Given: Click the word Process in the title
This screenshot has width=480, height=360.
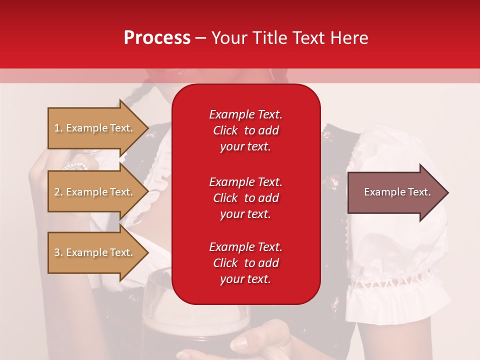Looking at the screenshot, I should pyautogui.click(x=157, y=38).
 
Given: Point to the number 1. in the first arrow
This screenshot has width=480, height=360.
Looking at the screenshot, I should pyautogui.click(x=58, y=128).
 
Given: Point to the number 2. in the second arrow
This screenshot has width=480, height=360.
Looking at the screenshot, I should pyautogui.click(x=58, y=192).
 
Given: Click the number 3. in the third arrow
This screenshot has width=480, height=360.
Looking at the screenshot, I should pyautogui.click(x=58, y=252).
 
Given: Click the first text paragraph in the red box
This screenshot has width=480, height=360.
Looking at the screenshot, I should pyautogui.click(x=245, y=130).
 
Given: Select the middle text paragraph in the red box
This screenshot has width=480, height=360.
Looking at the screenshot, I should pyautogui.click(x=245, y=197).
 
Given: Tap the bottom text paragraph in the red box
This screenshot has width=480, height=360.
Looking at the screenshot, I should pyautogui.click(x=245, y=263).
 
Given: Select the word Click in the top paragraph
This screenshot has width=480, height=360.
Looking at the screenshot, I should pyautogui.click(x=225, y=130).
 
